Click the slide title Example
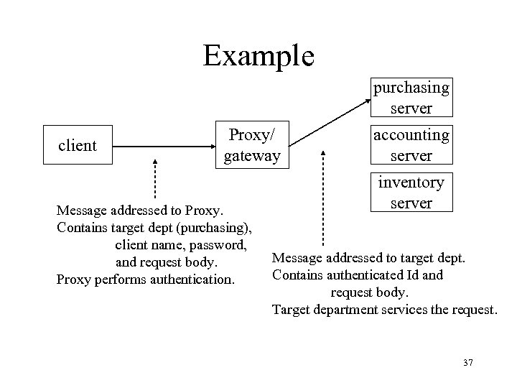[x=258, y=55]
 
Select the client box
[x=77, y=146]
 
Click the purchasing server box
[x=411, y=98]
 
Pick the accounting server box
[x=411, y=145]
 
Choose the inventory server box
[x=411, y=193]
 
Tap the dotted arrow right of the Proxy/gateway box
[x=323, y=194]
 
